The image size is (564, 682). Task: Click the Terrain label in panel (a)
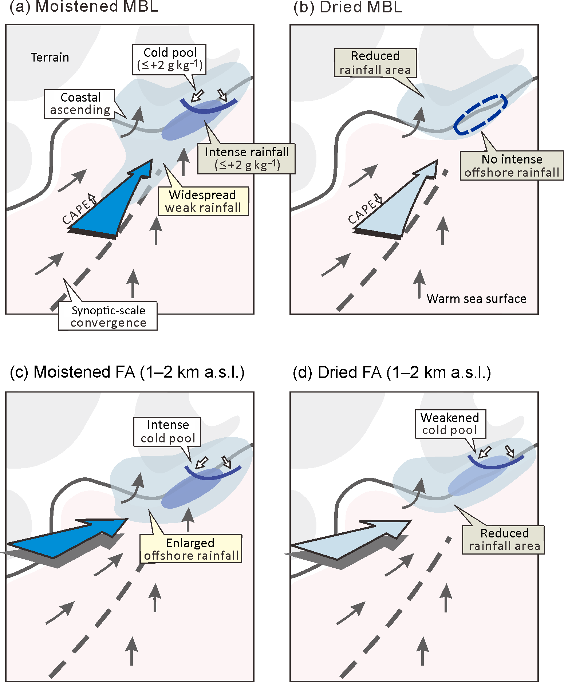(x=50, y=58)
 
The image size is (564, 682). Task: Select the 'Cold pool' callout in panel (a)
(x=170, y=59)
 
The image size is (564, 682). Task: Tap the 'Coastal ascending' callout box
(x=80, y=104)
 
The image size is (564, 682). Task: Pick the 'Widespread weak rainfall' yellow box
(x=203, y=201)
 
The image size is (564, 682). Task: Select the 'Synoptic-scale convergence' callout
(x=108, y=316)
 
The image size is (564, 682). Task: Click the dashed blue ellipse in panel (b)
(x=480, y=115)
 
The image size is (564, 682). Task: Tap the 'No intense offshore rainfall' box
(x=512, y=166)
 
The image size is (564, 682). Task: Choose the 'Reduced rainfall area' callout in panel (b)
(x=375, y=63)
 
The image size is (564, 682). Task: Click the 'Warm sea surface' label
(x=476, y=299)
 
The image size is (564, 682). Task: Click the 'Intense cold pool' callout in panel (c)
(x=167, y=431)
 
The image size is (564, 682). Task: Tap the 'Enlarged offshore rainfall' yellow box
(x=191, y=549)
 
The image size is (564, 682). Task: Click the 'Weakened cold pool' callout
(x=450, y=424)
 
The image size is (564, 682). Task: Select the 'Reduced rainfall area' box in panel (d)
(x=504, y=540)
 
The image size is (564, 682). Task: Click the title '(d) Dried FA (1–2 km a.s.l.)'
(x=392, y=372)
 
